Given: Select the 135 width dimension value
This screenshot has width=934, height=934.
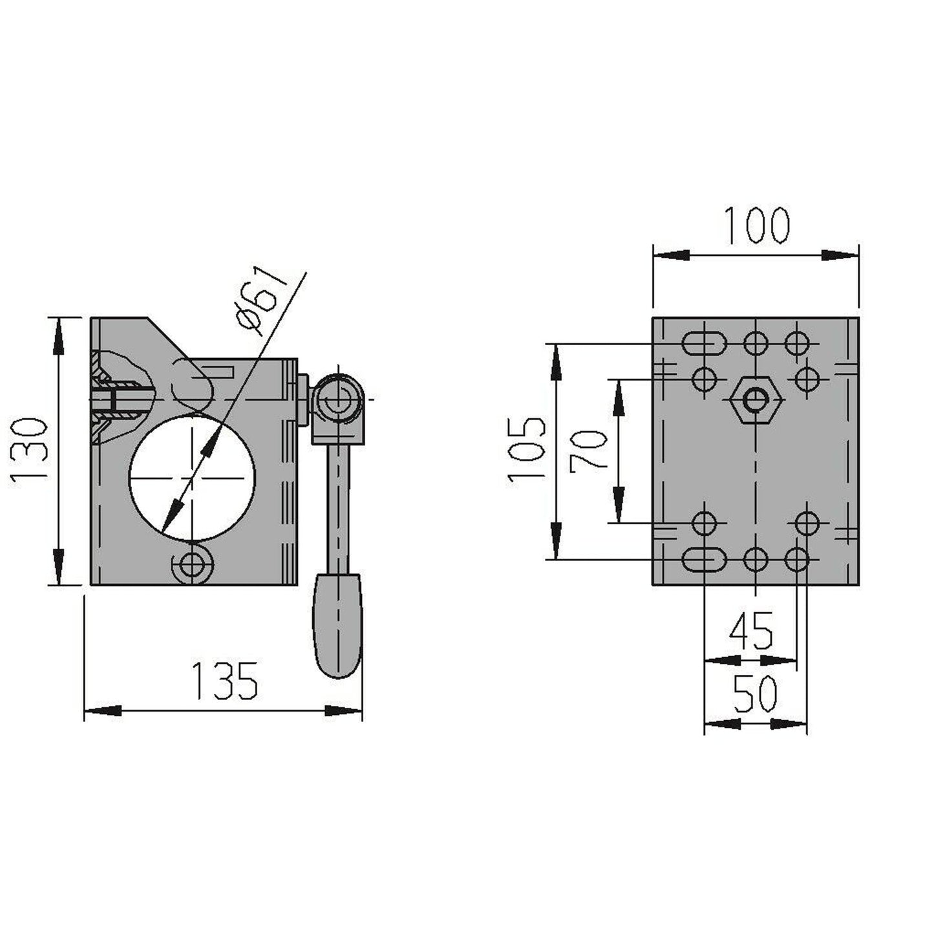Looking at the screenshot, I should click(x=226, y=681).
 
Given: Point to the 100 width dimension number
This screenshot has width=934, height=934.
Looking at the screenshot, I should click(x=756, y=226).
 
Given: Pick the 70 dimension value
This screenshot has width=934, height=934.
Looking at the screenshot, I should click(x=588, y=450).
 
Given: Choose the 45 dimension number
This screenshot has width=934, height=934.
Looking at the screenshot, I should click(x=751, y=632).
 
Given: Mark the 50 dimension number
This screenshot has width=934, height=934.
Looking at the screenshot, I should click(x=755, y=695).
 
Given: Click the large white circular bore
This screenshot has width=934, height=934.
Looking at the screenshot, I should click(x=192, y=478).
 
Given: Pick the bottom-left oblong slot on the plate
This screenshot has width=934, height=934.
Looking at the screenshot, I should click(x=704, y=559).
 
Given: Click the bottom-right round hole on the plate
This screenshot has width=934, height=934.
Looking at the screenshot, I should click(x=796, y=559).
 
